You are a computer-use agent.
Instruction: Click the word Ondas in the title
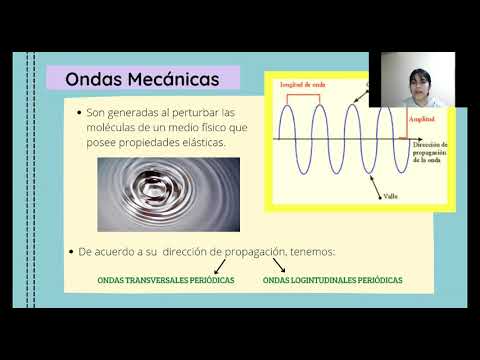tap(94, 79)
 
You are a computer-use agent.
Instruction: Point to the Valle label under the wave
tap(391, 196)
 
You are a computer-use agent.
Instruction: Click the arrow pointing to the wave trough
tap(376, 184)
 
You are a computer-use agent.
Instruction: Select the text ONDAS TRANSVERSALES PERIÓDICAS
tap(165, 281)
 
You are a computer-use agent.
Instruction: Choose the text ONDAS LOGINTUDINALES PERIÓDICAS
tap(333, 281)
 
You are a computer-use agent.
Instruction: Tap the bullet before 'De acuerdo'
tap(70, 252)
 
